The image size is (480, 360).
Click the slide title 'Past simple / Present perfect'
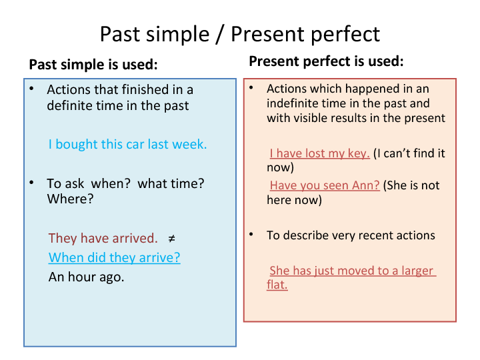click(240, 34)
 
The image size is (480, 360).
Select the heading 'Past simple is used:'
click(93, 65)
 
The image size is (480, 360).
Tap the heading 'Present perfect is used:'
click(326, 62)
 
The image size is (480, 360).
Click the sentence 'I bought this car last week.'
click(127, 144)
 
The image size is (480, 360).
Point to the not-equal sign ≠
click(171, 238)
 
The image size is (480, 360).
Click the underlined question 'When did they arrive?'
click(115, 257)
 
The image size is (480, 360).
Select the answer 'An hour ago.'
click(87, 277)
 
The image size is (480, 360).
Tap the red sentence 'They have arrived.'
click(103, 238)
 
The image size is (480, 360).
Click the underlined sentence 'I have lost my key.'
click(319, 153)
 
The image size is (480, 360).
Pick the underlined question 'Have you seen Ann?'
click(324, 185)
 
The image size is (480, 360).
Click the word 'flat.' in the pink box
click(277, 285)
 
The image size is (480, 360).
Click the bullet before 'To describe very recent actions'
click(251, 235)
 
